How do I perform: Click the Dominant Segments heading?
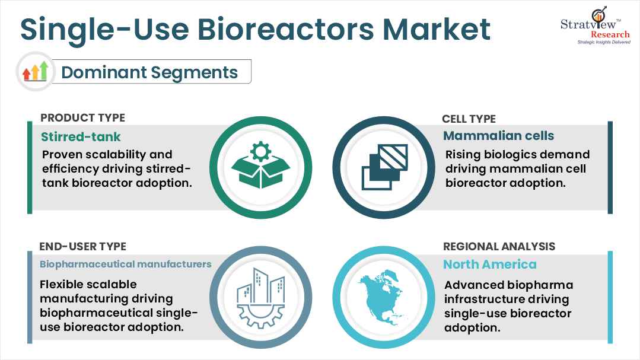(149, 72)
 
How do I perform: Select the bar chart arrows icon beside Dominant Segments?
(35, 72)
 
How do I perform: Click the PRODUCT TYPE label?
(82, 118)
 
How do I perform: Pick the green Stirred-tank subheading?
(81, 137)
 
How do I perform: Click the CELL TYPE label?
(469, 119)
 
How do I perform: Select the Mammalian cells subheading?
(499, 136)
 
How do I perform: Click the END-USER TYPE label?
(82, 246)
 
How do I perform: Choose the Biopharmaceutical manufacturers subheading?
(126, 264)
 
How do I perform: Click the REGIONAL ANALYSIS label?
(499, 246)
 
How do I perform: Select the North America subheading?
(490, 264)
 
